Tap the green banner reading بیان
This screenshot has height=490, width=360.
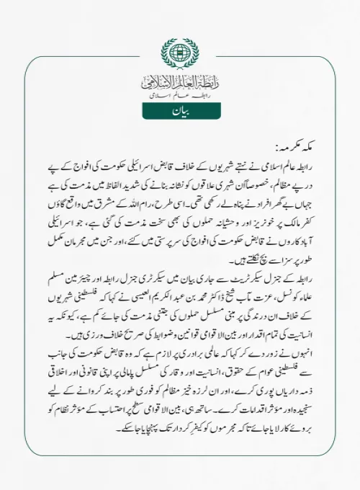point(180,111)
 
